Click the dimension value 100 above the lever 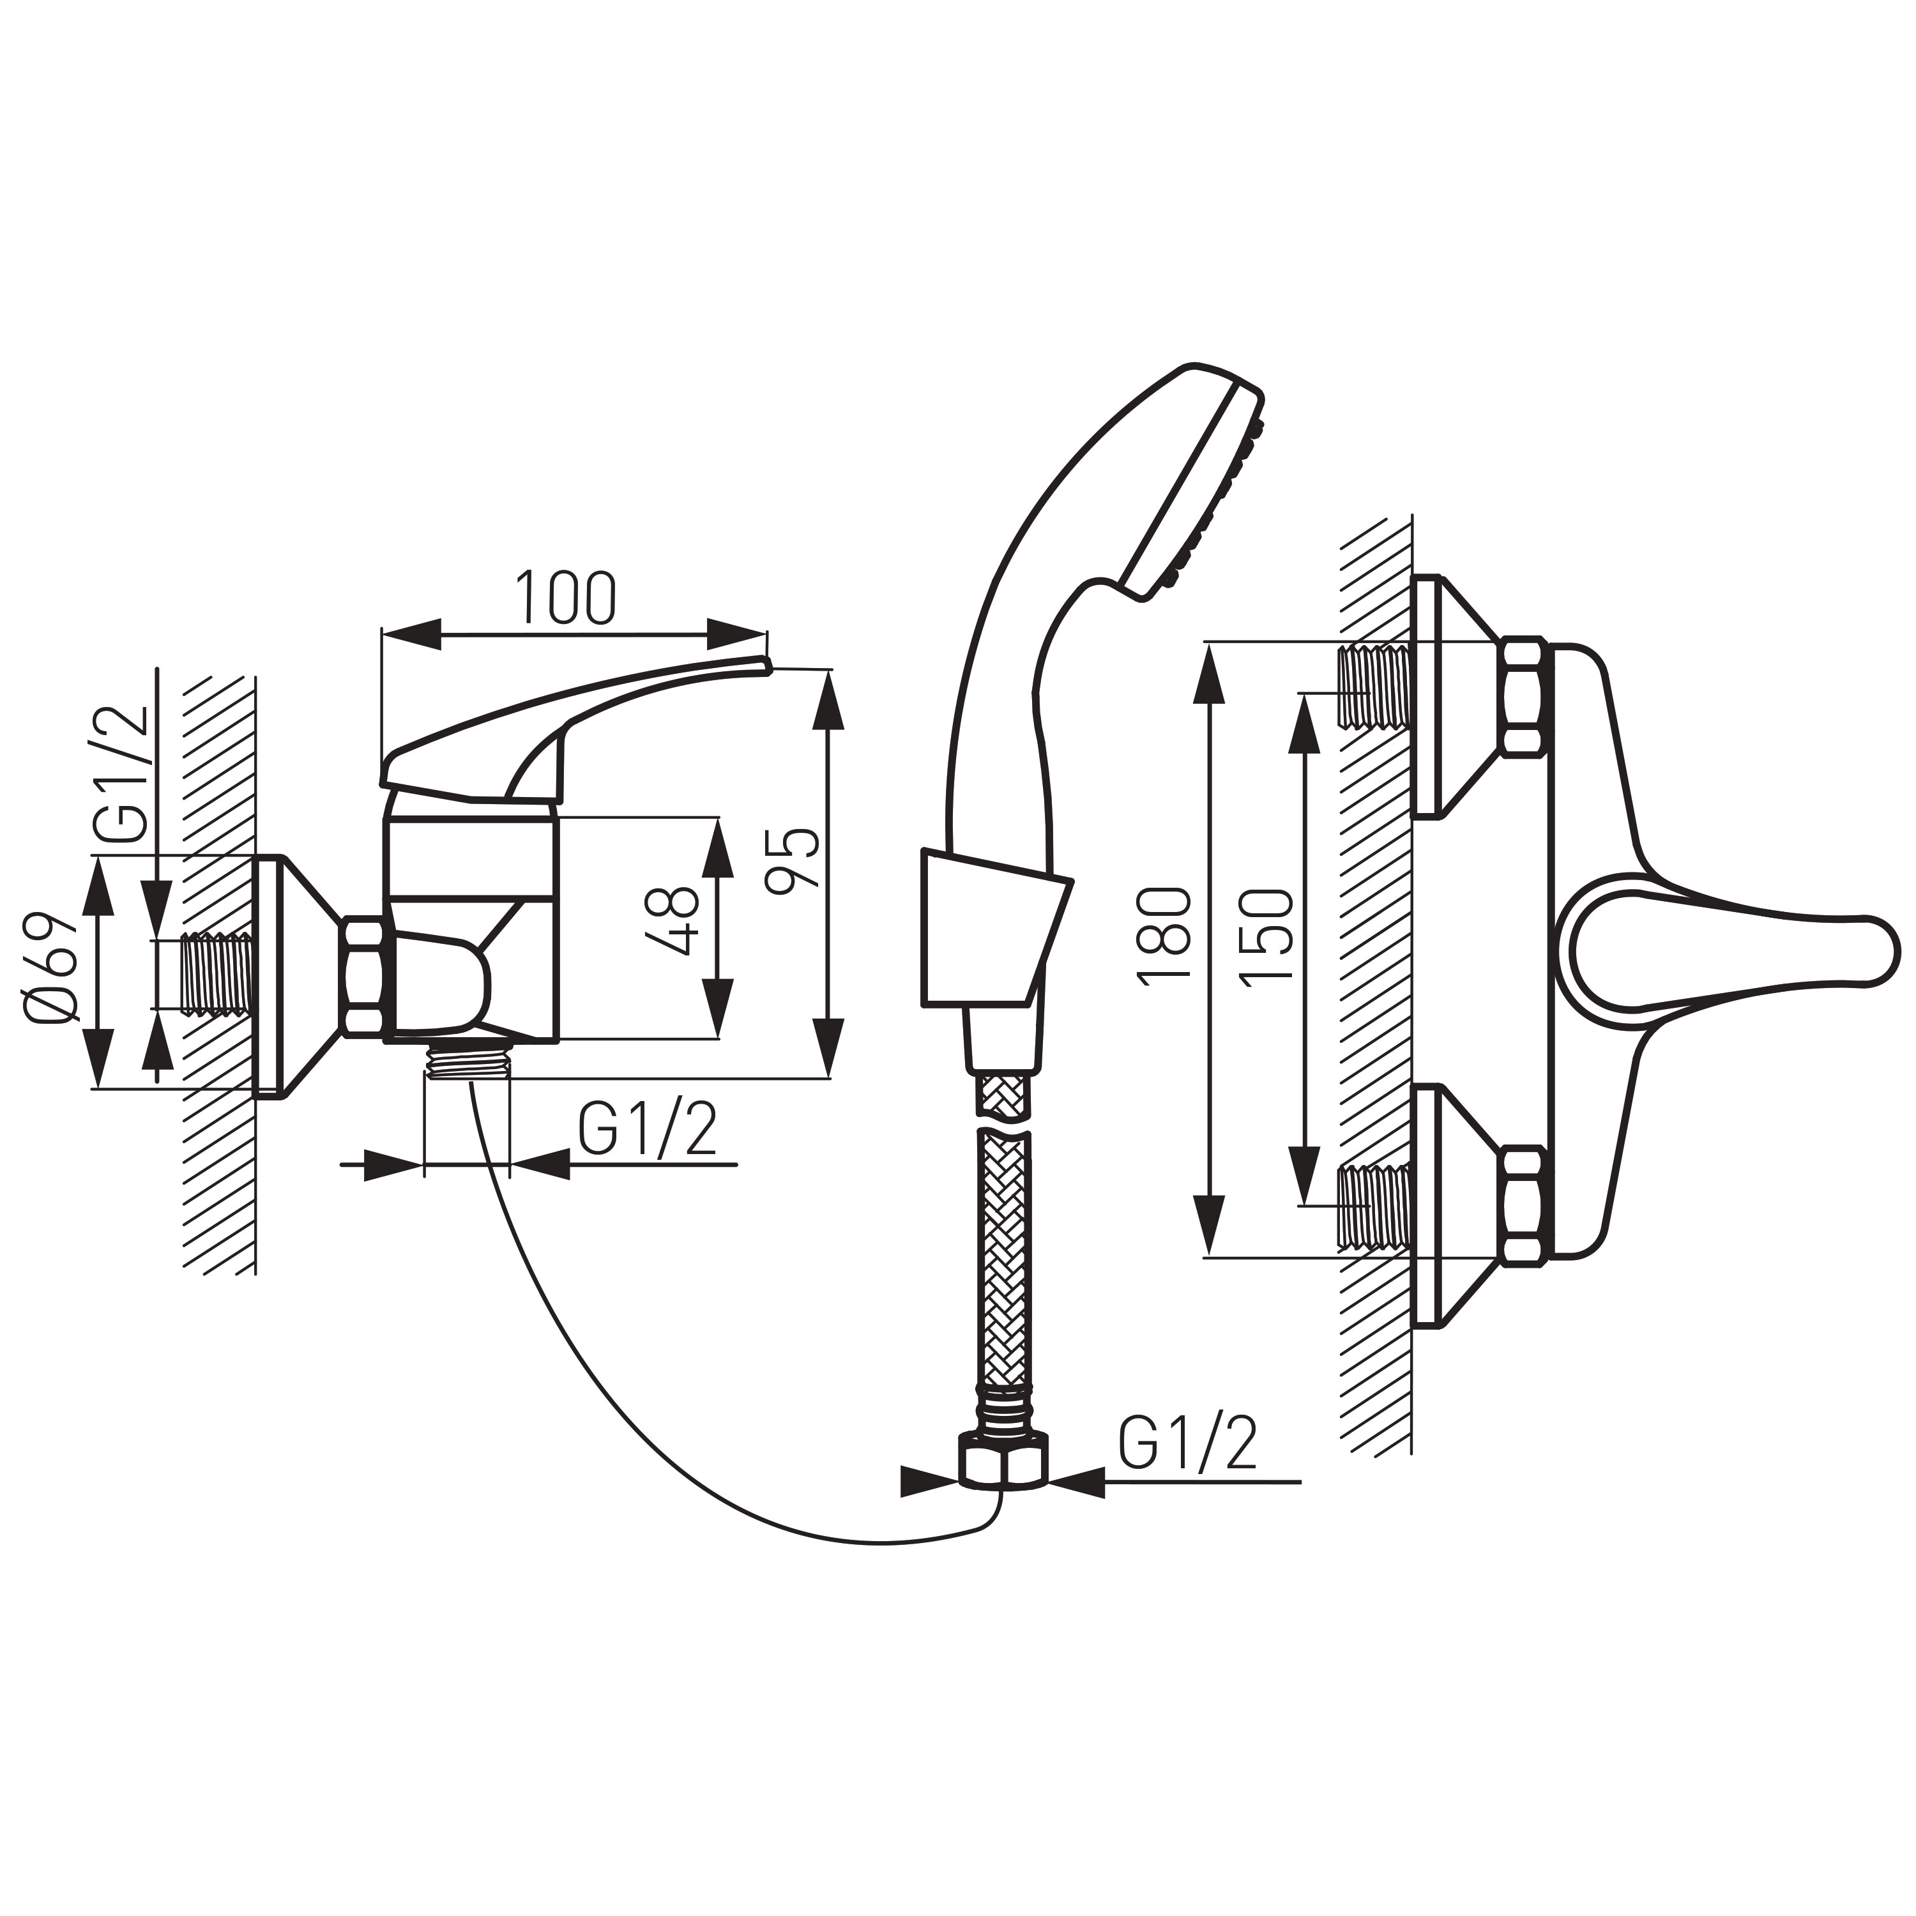(565, 599)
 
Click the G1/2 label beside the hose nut (1187, 1445)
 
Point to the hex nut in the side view (364, 978)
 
